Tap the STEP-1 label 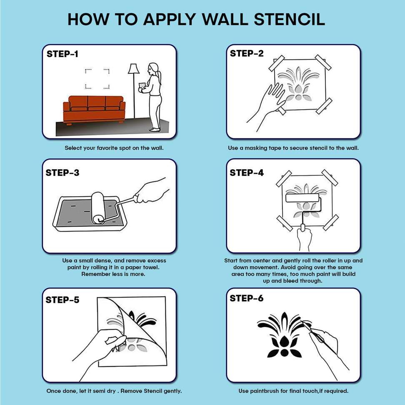(x=62, y=54)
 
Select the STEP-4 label (x=247, y=172)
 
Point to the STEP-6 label (x=247, y=298)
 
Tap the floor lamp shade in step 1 (x=133, y=68)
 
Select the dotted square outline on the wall (x=97, y=79)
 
